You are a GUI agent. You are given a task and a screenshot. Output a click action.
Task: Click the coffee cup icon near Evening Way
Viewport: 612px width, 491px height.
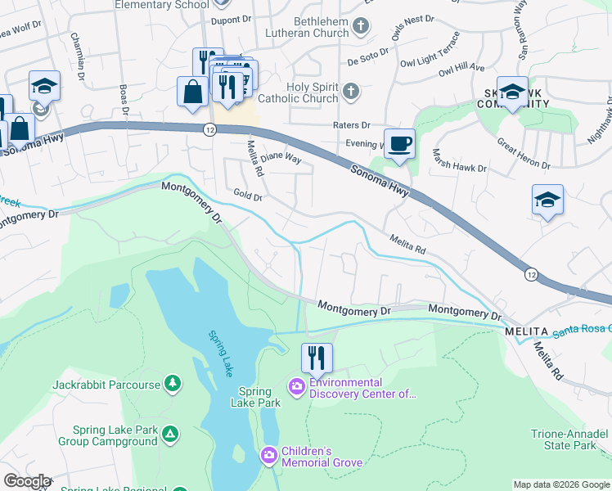pyautogui.click(x=399, y=144)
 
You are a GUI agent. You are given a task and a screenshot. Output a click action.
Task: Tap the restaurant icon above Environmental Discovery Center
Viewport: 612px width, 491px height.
pyautogui.click(x=317, y=357)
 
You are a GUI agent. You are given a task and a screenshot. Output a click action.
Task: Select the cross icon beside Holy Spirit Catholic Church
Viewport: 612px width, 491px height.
pyautogui.click(x=351, y=91)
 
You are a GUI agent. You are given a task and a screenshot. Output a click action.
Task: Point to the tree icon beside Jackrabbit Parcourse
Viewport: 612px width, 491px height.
pyautogui.click(x=172, y=382)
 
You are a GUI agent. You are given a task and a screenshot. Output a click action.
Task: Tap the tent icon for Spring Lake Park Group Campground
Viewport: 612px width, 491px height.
pyautogui.click(x=170, y=433)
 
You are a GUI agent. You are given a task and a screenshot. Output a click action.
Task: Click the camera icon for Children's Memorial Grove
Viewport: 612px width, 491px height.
pyautogui.click(x=268, y=454)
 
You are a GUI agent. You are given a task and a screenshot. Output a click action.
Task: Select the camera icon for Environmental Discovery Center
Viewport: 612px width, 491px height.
pyautogui.click(x=295, y=385)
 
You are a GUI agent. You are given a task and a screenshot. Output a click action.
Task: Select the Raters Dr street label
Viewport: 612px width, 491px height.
pyautogui.click(x=352, y=125)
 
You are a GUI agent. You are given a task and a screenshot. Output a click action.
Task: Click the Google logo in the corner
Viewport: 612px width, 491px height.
pyautogui.click(x=26, y=481)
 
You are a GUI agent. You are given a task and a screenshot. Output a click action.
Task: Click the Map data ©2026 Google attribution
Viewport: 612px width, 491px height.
pyautogui.click(x=560, y=484)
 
